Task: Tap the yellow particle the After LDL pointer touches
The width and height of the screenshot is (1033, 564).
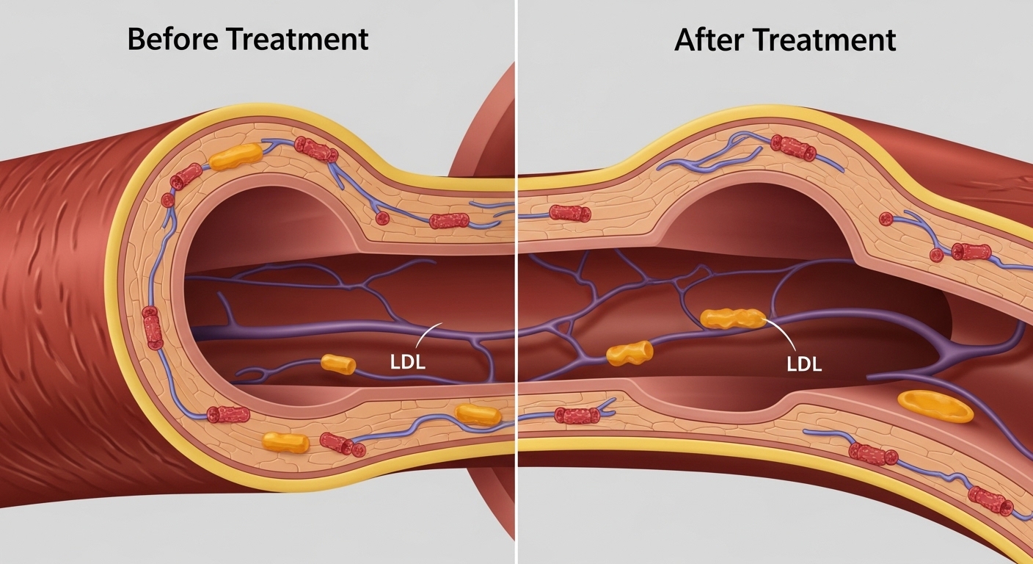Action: (x=733, y=318)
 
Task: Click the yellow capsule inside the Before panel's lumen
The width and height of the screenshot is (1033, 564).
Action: (x=338, y=364)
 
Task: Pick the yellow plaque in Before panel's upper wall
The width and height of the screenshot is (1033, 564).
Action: (x=236, y=156)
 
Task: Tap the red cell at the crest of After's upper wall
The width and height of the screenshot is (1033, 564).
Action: (x=793, y=148)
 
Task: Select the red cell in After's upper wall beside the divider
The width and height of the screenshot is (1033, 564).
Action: (x=570, y=213)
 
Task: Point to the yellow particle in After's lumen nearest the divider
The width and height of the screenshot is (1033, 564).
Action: (x=629, y=353)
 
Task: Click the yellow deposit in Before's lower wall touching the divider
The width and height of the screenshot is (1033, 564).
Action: (x=478, y=414)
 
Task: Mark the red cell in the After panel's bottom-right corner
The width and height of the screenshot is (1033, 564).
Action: (x=990, y=501)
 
